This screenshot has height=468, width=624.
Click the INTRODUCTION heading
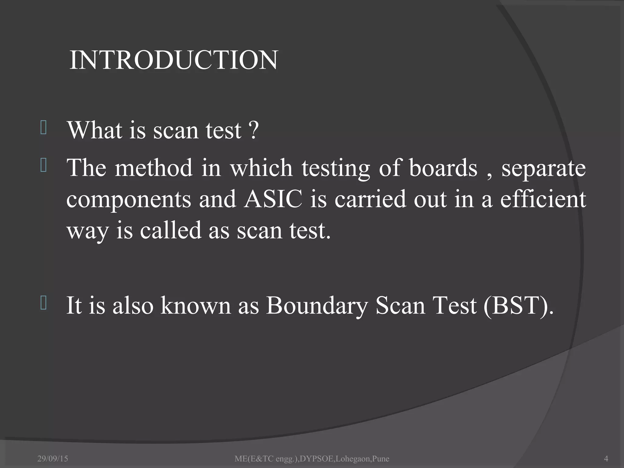point(174,60)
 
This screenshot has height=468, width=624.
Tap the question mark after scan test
point(253,130)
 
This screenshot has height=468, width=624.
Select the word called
point(171,230)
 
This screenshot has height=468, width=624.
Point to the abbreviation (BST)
point(518,306)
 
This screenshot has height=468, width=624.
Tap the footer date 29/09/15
point(53,459)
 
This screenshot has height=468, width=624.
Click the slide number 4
point(606,458)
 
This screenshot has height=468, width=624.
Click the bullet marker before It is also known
point(43,304)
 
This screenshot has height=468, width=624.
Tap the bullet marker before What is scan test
point(43,128)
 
